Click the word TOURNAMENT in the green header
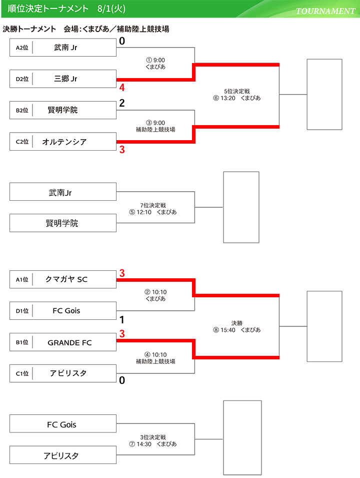click(325, 11)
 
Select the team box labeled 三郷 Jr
click(65, 79)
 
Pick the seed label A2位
click(22, 48)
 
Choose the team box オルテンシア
click(64, 142)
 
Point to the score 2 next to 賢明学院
click(122, 104)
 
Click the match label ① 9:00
click(155, 60)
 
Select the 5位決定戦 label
click(237, 91)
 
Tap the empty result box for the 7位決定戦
click(241, 207)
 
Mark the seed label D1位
click(22, 311)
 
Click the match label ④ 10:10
click(155, 355)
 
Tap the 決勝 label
click(237, 323)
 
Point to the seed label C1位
click(22, 373)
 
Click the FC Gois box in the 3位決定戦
click(63, 424)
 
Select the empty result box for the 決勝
click(324, 326)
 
